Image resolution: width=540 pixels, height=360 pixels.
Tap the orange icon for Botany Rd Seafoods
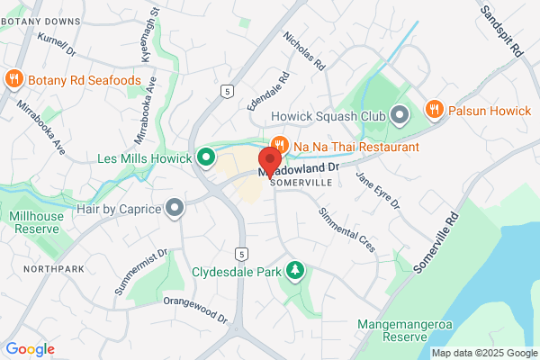pyautogui.click(x=13, y=79)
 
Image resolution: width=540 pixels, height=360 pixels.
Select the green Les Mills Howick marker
pyautogui.click(x=205, y=158)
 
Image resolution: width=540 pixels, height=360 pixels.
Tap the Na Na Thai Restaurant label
pyautogui.click(x=355, y=146)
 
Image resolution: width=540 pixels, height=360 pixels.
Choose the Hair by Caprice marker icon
pyautogui.click(x=175, y=209)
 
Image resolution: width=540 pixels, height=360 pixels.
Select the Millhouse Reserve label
pyautogui.click(x=38, y=223)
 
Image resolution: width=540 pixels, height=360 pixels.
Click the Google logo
pyautogui.click(x=30, y=349)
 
